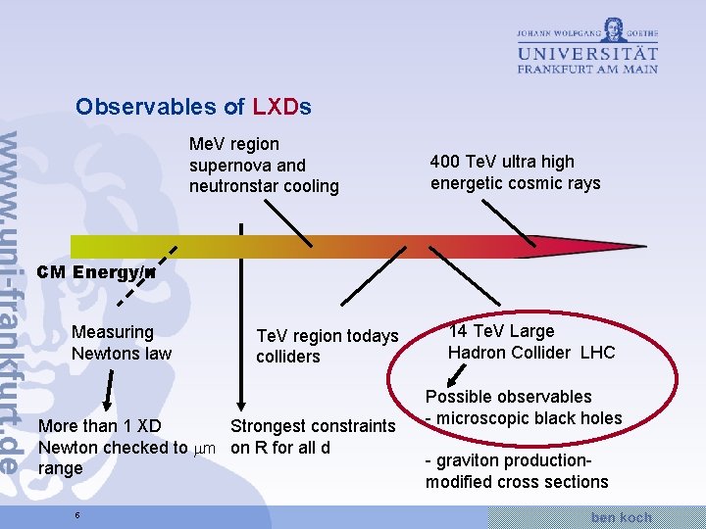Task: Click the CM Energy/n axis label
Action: [x=96, y=273]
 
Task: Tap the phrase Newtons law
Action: [x=122, y=354]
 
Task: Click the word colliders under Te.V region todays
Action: [x=288, y=357]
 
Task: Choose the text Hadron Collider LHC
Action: [x=530, y=353]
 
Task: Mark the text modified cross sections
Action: [x=517, y=482]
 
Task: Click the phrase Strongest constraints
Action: [x=312, y=426]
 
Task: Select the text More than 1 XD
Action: [x=99, y=426]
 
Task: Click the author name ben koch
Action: [x=622, y=516]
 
